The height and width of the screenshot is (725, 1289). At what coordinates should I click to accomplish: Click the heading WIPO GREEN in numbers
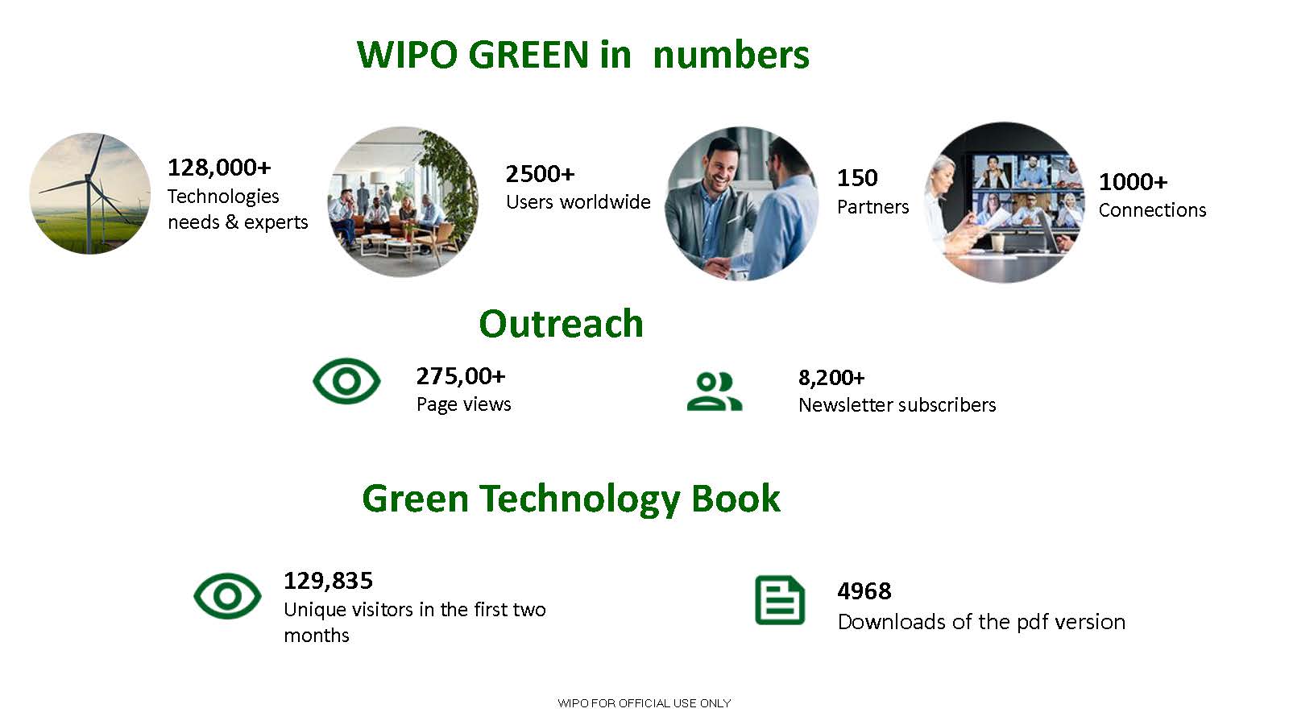pos(582,55)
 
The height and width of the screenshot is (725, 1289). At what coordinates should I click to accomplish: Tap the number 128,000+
pos(219,168)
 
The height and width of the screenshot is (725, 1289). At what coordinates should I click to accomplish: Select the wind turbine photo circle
pos(89,193)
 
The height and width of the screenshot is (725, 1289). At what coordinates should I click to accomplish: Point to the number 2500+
pos(540,174)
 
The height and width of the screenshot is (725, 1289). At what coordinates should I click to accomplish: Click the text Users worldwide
pos(578,202)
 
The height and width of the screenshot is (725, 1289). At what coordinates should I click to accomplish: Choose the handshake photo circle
pos(742,203)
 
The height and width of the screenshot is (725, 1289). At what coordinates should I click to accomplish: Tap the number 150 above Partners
pos(857,178)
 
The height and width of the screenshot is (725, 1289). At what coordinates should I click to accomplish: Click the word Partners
pos(872,207)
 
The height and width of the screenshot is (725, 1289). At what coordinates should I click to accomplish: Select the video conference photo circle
pos(1004,202)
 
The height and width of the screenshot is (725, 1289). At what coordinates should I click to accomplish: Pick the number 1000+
pos(1133,182)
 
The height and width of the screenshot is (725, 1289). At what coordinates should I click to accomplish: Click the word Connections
pos(1152,210)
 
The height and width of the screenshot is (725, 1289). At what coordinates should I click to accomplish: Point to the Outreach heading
pos(561,324)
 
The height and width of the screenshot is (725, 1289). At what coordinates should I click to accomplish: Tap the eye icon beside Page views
pos(346,381)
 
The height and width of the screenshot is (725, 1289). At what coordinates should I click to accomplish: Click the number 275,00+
pos(461,376)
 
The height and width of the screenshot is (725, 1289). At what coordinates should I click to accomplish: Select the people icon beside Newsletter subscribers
pos(714,391)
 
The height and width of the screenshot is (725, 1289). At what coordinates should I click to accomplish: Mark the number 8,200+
pos(831,378)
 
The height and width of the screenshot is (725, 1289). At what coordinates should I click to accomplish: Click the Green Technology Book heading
pos(570,499)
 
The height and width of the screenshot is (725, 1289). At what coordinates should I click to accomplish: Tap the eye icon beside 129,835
pos(227,596)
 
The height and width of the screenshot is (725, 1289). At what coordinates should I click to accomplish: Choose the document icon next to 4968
pos(779,600)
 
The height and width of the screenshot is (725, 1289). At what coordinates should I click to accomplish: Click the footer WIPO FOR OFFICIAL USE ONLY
pos(644,703)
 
